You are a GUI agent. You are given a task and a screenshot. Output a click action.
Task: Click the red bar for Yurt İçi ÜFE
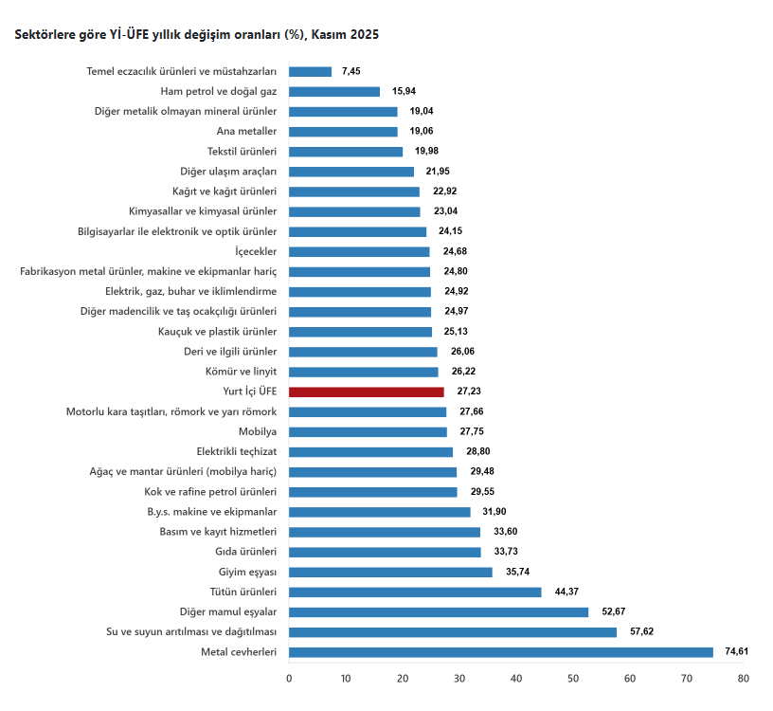tap(366, 392)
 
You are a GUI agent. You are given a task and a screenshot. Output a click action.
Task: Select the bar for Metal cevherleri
tap(500, 652)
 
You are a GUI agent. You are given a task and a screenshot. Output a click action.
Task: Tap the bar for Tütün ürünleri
tap(415, 592)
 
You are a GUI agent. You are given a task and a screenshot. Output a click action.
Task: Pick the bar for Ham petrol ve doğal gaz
tap(333, 91)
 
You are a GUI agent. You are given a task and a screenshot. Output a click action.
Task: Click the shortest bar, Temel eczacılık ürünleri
tap(310, 71)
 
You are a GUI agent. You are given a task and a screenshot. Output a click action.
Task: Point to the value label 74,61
tap(736, 652)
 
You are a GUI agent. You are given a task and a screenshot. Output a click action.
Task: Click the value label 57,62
tap(639, 632)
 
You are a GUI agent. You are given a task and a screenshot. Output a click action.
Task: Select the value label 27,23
tap(467, 392)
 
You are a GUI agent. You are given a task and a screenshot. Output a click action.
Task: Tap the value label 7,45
tap(351, 71)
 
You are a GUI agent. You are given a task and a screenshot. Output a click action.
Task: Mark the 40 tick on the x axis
tap(516, 678)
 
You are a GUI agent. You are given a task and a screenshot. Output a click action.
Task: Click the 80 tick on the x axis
tap(744, 678)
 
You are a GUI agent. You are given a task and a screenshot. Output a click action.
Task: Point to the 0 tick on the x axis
tap(289, 678)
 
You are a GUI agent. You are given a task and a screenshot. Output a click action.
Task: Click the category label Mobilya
tap(258, 431)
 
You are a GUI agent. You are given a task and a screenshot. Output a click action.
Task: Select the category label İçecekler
tap(256, 251)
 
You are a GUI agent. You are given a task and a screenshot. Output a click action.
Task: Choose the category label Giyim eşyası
tap(247, 572)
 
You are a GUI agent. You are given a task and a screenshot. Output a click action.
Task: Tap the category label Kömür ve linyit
tap(243, 372)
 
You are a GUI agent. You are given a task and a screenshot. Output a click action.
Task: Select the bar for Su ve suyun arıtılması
tap(453, 632)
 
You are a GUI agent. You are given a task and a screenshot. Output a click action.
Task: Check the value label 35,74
tap(516, 572)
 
